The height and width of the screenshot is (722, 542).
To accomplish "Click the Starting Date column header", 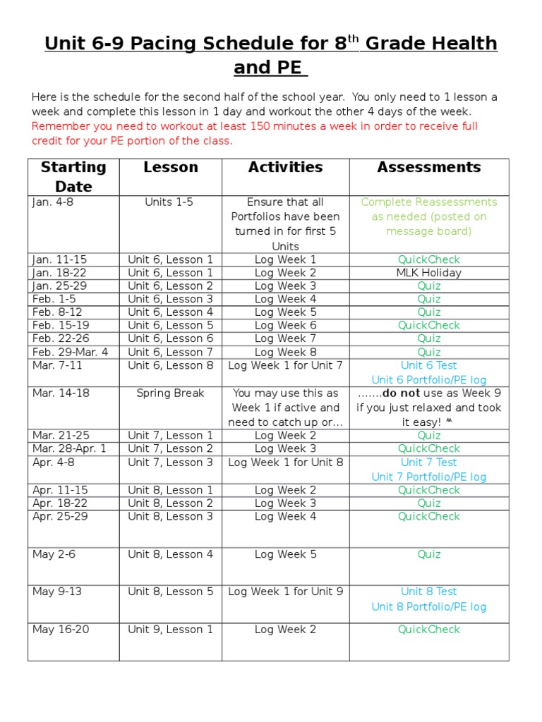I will click(73, 176).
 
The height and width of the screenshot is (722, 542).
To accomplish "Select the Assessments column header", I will click(428, 168).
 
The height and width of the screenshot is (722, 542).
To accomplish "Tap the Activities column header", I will click(285, 168).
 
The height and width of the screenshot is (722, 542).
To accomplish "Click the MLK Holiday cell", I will click(428, 273).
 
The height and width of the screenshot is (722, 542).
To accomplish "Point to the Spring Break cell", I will click(170, 393).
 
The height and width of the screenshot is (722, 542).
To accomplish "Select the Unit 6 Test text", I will click(428, 366).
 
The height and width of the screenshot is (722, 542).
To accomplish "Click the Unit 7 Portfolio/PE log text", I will click(428, 477).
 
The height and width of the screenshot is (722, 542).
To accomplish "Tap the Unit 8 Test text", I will click(428, 592).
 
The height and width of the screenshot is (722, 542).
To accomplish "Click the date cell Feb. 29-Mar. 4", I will click(71, 353).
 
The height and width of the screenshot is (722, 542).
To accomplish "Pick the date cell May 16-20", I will click(61, 630).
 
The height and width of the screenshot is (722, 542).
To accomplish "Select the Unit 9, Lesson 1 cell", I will click(170, 630).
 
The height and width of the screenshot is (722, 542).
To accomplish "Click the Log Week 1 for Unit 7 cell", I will click(285, 366).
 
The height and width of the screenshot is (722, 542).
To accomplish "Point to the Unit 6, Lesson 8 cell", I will click(170, 366).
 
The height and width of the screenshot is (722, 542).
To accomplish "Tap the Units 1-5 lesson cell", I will click(169, 202).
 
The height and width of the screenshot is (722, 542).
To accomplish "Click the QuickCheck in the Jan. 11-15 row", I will click(428, 259).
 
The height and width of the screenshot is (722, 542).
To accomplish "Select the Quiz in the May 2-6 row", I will click(428, 555).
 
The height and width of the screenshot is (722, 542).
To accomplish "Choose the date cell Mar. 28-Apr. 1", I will click(69, 449).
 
